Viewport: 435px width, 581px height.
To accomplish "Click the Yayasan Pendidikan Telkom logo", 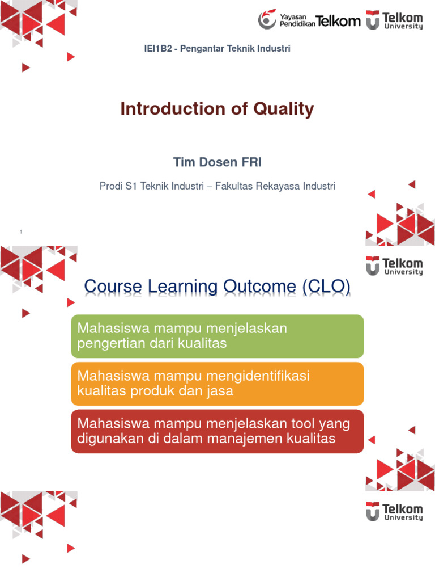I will pyautogui.click(x=309, y=20).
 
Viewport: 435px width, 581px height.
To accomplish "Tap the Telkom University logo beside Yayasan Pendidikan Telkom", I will pyautogui.click(x=394, y=20).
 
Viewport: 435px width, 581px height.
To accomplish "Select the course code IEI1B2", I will pyautogui.click(x=159, y=49).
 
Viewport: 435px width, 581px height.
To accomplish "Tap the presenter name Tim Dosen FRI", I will pyautogui.click(x=217, y=163).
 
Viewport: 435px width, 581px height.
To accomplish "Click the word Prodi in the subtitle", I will pyautogui.click(x=110, y=186).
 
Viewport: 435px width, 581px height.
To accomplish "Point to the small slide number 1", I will pyautogui.click(x=20, y=232).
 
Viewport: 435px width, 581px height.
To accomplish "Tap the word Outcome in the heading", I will pyautogui.click(x=258, y=288).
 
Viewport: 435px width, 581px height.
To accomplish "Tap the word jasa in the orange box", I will pyautogui.click(x=220, y=391).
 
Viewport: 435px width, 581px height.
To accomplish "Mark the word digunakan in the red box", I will pyautogui.click(x=108, y=439).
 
